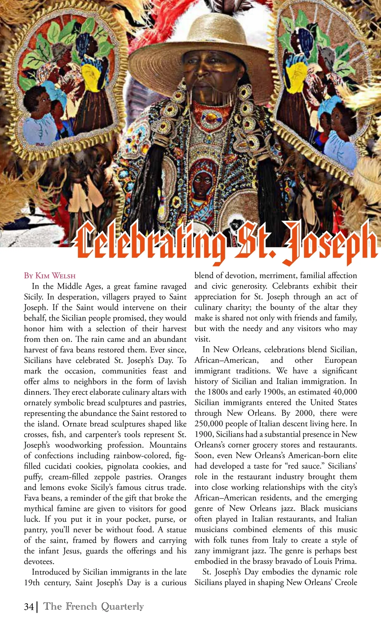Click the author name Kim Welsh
55,275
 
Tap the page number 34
29,607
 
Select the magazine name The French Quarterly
94,606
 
